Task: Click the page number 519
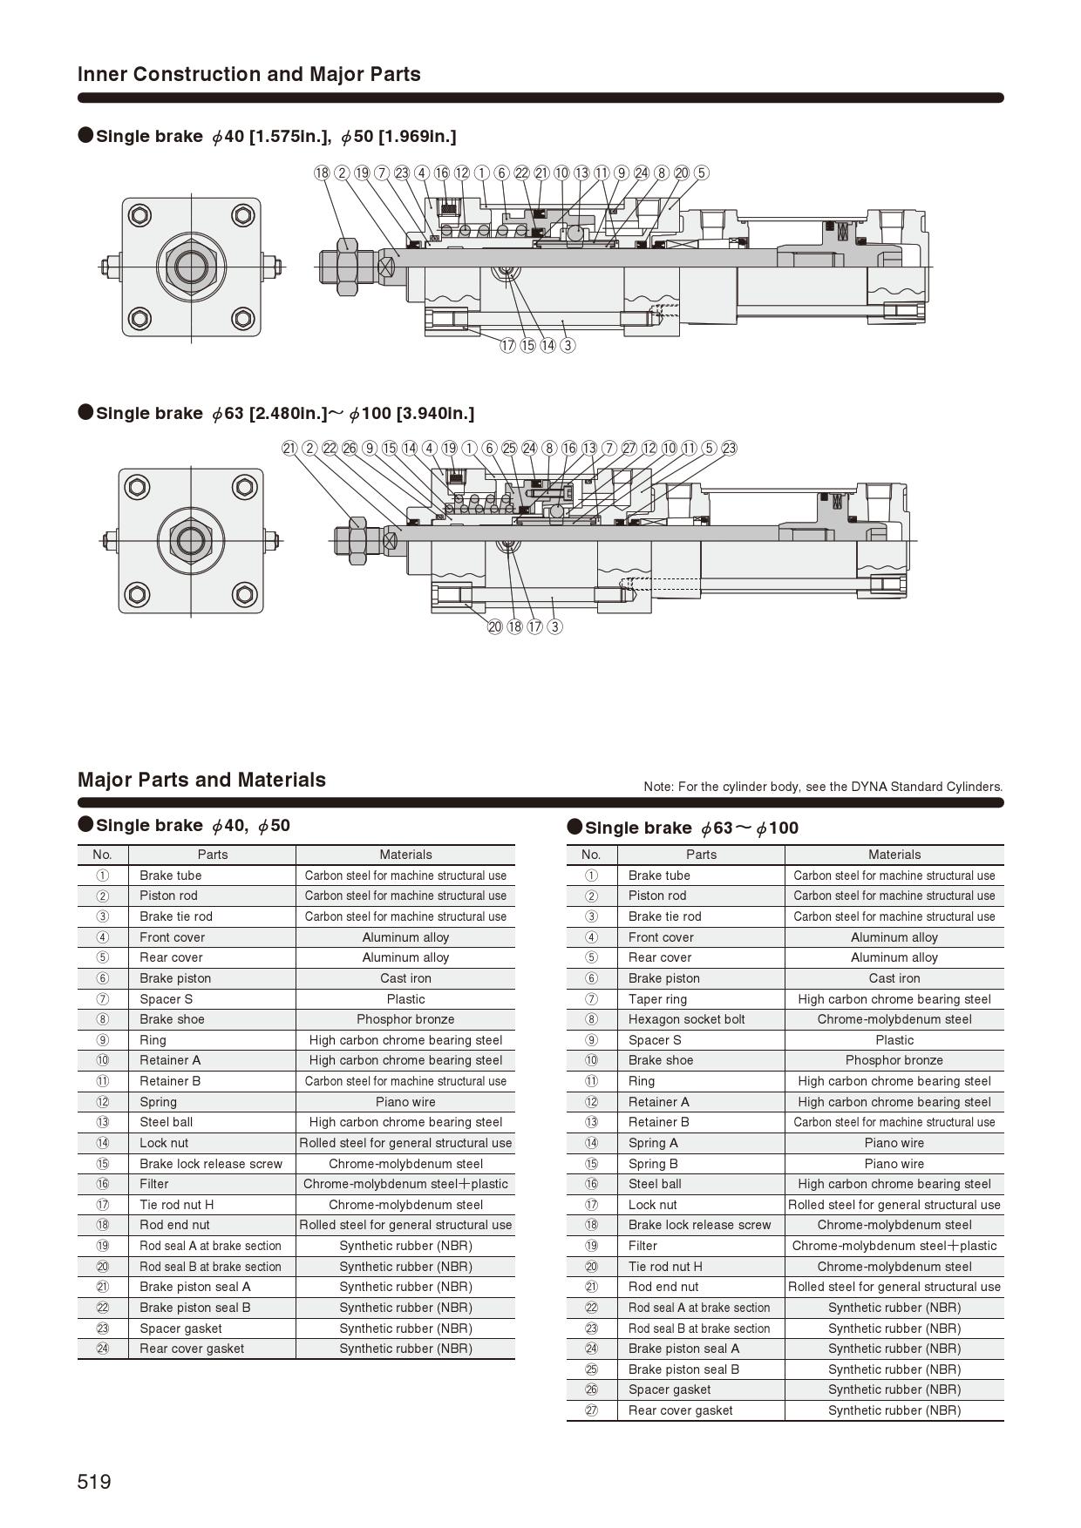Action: tap(94, 1482)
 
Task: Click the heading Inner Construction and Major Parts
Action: tap(249, 74)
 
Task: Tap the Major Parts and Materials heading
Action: tap(201, 780)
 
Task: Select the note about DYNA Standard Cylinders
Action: tap(823, 787)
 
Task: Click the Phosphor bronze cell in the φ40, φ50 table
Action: tap(405, 1019)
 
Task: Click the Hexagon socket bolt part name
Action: tap(686, 1019)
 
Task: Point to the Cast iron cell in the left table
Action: tap(405, 978)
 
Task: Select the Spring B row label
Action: tap(653, 1164)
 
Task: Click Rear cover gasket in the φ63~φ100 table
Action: tap(680, 1410)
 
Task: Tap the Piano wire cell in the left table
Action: tap(405, 1102)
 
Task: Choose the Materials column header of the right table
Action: tap(894, 855)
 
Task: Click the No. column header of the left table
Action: tap(102, 855)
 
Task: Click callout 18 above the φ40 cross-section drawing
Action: tap(322, 172)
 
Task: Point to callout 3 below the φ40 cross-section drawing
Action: tap(568, 345)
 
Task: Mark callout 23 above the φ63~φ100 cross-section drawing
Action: tap(729, 448)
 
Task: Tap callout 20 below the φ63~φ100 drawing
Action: tap(494, 626)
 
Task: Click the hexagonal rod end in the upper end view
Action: tap(191, 266)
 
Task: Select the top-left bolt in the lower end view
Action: tap(138, 486)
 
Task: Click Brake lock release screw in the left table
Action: tap(211, 1164)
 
